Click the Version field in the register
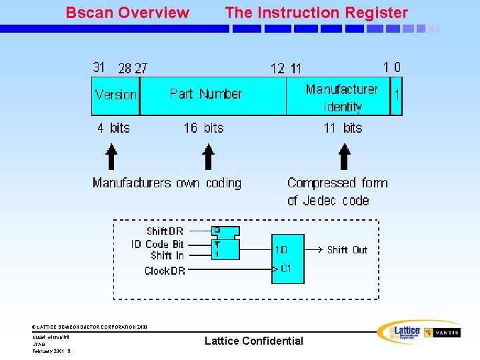click(x=115, y=95)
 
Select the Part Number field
click(x=206, y=94)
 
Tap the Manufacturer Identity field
click(x=341, y=97)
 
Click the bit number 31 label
click(x=99, y=67)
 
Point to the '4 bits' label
click(x=113, y=127)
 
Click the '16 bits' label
click(x=203, y=127)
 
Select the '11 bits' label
click(x=343, y=127)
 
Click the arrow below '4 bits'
click(x=112, y=158)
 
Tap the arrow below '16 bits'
click(x=209, y=158)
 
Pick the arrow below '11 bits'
click(x=345, y=158)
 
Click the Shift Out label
click(x=347, y=250)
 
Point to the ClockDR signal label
click(x=165, y=271)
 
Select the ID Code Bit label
click(x=157, y=244)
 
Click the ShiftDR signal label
click(x=165, y=232)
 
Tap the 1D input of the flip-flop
click(x=281, y=250)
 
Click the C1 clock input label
click(x=285, y=269)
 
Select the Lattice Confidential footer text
click(x=253, y=341)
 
